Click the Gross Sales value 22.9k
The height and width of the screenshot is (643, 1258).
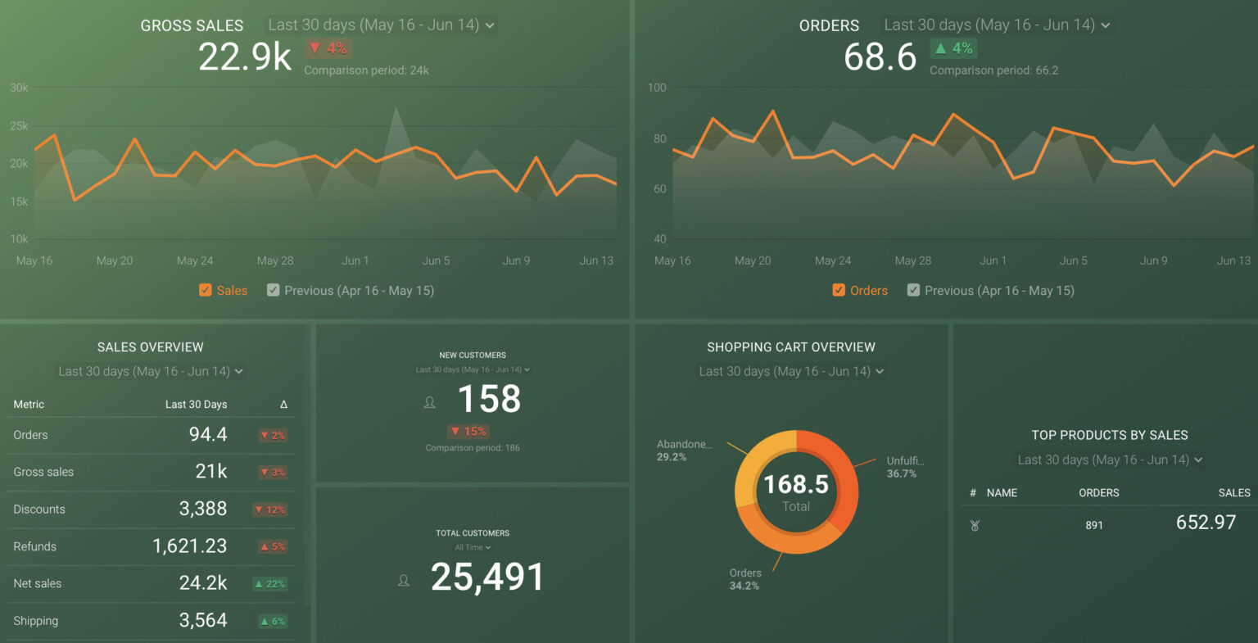coord(244,57)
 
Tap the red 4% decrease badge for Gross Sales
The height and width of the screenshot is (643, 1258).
coord(328,48)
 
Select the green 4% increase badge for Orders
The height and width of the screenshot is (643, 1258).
coord(953,48)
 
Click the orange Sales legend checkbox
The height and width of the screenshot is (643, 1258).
coord(206,290)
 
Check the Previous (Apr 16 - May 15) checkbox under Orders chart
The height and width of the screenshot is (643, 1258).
coord(913,290)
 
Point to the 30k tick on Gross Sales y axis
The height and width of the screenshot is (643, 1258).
coord(19,88)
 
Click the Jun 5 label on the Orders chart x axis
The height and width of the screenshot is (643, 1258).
coord(1074,260)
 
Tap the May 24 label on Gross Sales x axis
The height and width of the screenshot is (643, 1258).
coord(195,260)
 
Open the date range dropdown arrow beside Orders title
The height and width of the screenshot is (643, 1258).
coord(1106,25)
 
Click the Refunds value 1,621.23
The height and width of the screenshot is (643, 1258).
coord(190,546)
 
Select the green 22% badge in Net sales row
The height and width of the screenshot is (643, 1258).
coord(269,584)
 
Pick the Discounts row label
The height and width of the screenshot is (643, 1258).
coord(39,509)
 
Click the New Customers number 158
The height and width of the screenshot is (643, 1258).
coord(489,400)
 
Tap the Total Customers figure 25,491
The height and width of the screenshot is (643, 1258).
coord(487,577)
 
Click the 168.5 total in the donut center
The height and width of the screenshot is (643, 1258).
coord(796,485)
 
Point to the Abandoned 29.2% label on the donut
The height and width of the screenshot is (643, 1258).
coord(684,451)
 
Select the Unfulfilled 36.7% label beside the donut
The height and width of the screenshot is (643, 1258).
coord(905,467)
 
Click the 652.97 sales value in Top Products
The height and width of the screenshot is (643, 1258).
coord(1206,523)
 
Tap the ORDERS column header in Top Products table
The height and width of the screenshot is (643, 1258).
coord(1098,493)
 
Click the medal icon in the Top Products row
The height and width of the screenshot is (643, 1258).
coord(975,526)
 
